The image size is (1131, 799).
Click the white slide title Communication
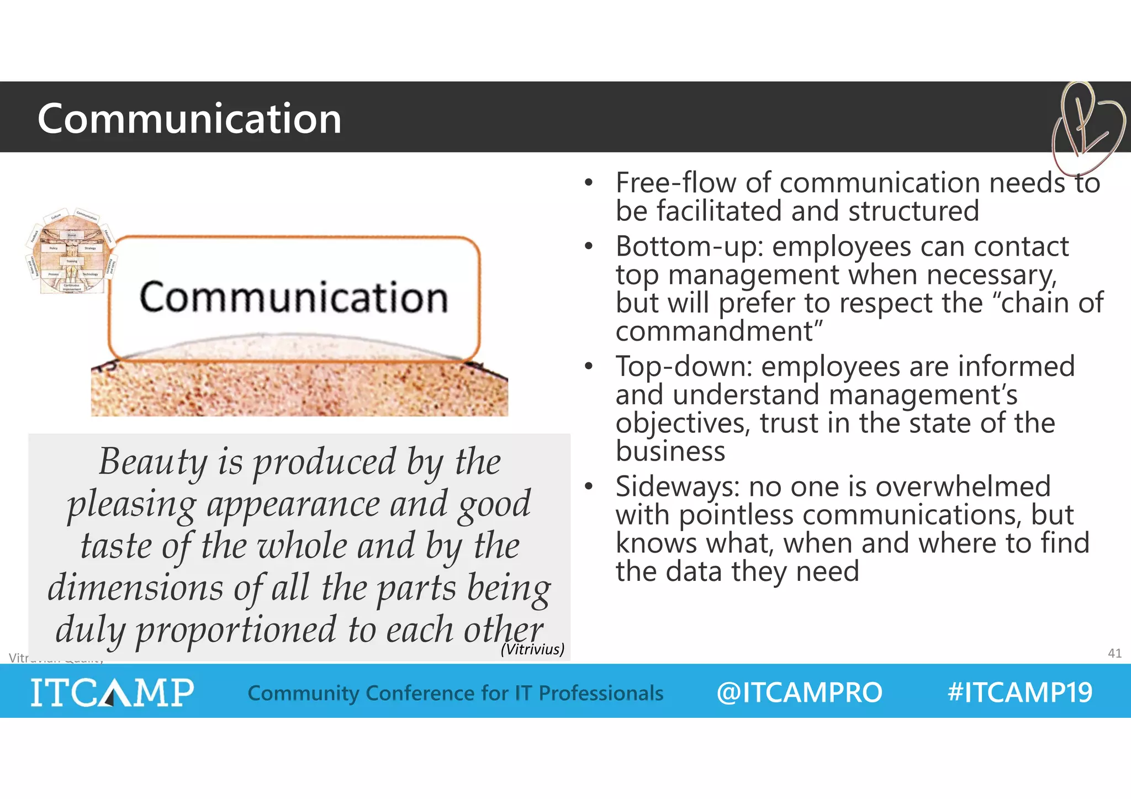pos(189,118)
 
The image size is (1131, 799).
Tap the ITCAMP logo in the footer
pos(112,692)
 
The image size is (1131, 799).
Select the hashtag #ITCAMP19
pos(1019,692)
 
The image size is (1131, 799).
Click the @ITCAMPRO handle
pos(799,692)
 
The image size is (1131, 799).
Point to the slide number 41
pos(1114,653)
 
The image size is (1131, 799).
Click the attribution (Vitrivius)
pos(532,649)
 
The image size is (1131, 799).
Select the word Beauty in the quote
pos(153,462)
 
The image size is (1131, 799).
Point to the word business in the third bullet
pos(670,451)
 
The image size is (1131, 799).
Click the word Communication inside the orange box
pos(293,298)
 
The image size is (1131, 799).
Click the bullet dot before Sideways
pos(589,486)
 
